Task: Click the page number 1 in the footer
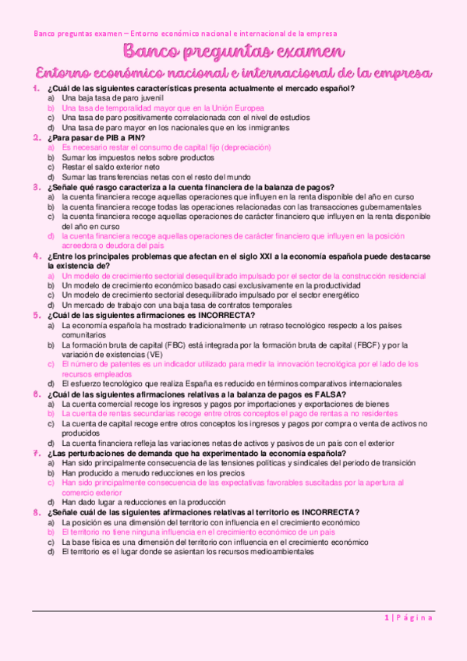pos(386,618)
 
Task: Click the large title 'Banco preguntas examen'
pos(233,53)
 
